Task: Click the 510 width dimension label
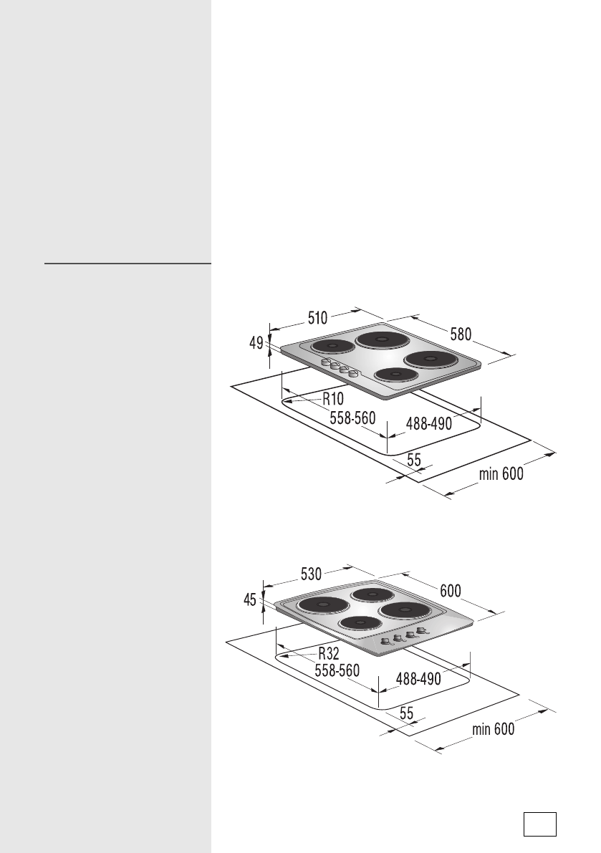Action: point(318,318)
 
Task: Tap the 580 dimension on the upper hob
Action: point(461,334)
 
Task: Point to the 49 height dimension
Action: point(256,343)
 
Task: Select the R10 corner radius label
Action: point(333,399)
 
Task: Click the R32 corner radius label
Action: point(329,653)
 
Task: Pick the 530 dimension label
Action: point(311,574)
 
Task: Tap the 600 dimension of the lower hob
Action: point(451,591)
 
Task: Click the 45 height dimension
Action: point(250,600)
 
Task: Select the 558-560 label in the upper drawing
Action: point(352,418)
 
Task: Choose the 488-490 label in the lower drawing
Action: point(418,679)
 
